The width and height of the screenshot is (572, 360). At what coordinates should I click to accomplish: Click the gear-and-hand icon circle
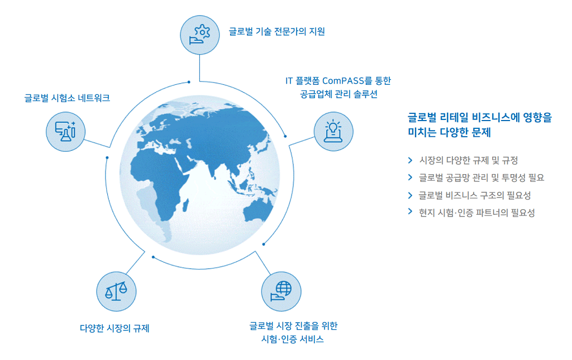click(x=200, y=35)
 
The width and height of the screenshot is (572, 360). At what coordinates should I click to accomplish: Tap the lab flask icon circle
click(x=66, y=132)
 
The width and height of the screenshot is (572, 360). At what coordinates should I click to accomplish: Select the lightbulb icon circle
click(x=333, y=132)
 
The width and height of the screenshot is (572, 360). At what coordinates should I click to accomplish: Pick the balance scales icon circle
click(x=116, y=291)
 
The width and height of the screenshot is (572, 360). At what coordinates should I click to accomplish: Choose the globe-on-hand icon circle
click(x=282, y=291)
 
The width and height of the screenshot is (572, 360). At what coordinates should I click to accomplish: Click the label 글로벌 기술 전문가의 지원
click(x=277, y=32)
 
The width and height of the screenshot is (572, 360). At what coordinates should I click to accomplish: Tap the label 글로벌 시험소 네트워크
click(x=67, y=98)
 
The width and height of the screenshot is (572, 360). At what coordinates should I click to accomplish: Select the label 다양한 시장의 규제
click(x=115, y=328)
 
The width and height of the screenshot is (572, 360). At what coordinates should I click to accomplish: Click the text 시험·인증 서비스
click(x=293, y=339)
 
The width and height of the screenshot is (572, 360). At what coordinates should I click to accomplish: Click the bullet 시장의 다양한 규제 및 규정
click(x=469, y=160)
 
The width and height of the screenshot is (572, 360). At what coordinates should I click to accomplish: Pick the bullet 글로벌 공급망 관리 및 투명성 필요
click(x=482, y=178)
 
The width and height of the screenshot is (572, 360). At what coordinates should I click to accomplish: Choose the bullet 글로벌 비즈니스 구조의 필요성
click(x=475, y=195)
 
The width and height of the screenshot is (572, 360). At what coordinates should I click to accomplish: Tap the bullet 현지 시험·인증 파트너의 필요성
click(x=477, y=213)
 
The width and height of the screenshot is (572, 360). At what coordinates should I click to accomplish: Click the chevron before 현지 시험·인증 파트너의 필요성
click(x=410, y=212)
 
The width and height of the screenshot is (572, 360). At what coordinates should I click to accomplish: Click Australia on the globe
click(x=258, y=210)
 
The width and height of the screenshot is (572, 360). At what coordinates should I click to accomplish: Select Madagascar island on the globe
click(x=185, y=205)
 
